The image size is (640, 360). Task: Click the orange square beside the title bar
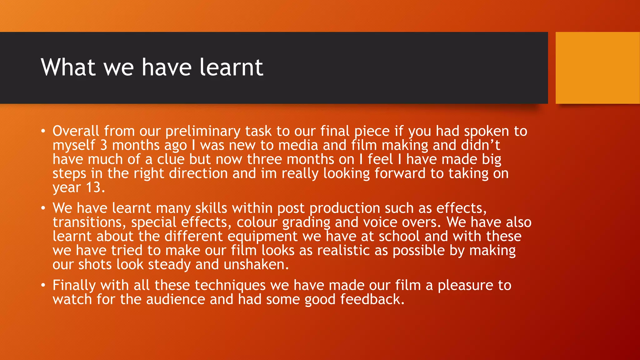click(597, 68)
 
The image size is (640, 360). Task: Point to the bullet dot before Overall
click(43, 131)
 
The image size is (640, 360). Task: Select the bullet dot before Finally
click(43, 285)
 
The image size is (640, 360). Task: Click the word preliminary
click(203, 131)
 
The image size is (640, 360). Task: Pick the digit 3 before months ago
click(104, 145)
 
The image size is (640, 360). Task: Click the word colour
click(257, 222)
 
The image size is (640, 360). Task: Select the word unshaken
click(256, 265)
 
